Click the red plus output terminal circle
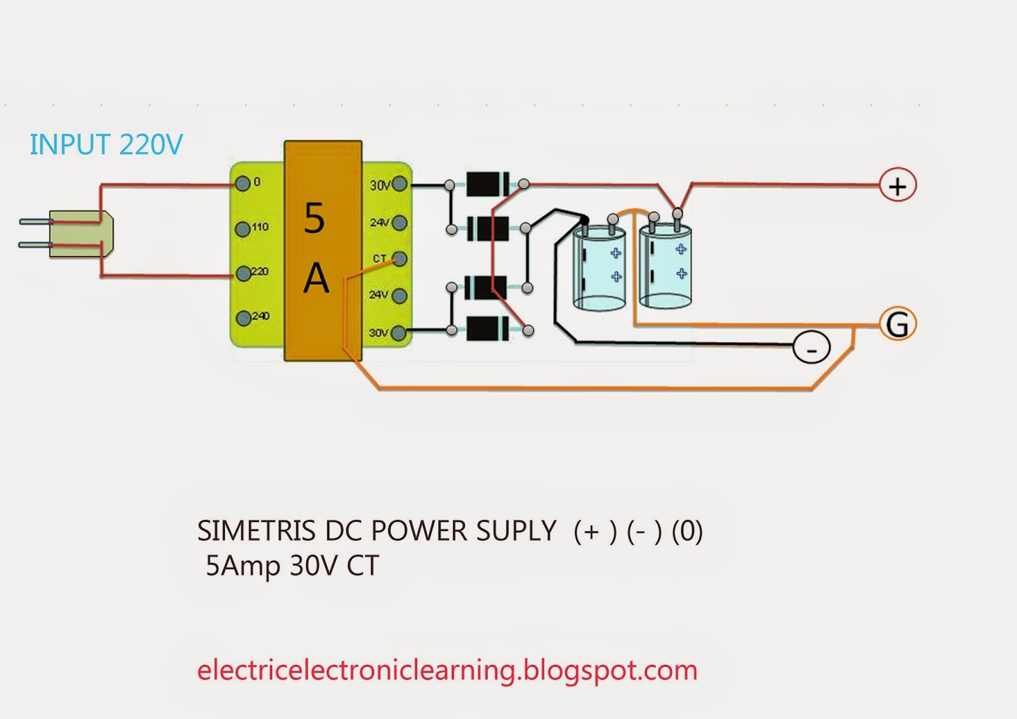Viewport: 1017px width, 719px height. coord(897,186)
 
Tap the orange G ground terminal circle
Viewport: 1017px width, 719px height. coord(897,324)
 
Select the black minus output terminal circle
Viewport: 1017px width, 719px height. coord(811,348)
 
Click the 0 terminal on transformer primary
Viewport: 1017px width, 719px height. coord(242,184)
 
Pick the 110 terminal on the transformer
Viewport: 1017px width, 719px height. coord(242,229)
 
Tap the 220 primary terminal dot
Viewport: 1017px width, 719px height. coord(243,274)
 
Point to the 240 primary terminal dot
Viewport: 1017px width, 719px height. coord(243,318)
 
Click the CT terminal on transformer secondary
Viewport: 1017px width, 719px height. coord(400,259)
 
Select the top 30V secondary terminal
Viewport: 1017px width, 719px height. coord(400,184)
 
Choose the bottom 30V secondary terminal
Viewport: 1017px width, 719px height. coord(399,332)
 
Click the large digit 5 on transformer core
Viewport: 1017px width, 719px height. coord(315,218)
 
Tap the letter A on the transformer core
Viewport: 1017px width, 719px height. coord(316,278)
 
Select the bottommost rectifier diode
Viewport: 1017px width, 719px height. coord(487,329)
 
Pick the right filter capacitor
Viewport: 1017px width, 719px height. coord(665,267)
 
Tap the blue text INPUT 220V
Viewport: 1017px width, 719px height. coord(106,145)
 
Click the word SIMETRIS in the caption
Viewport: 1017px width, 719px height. coord(256,531)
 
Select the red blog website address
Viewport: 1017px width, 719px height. coord(447,671)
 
